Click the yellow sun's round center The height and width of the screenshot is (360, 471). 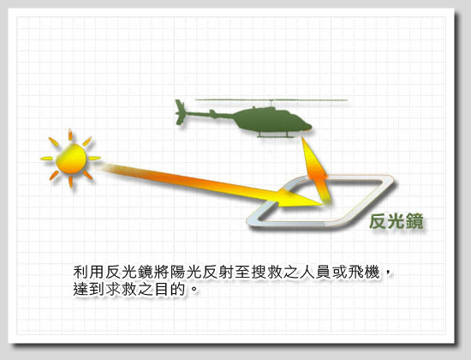(x=71, y=159)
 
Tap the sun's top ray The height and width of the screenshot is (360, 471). (x=70, y=135)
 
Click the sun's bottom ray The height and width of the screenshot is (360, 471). (x=71, y=182)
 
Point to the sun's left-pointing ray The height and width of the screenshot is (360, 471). (x=46, y=159)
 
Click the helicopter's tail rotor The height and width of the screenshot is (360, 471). (x=180, y=112)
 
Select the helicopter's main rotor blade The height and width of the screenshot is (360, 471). (x=271, y=100)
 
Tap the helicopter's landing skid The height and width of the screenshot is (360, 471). (x=276, y=136)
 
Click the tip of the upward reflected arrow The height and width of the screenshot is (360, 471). (x=303, y=138)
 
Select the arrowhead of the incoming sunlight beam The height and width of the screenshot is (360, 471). (x=301, y=200)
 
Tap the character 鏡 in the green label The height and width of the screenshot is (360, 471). (x=414, y=221)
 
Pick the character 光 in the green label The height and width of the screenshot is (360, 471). (x=396, y=221)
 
